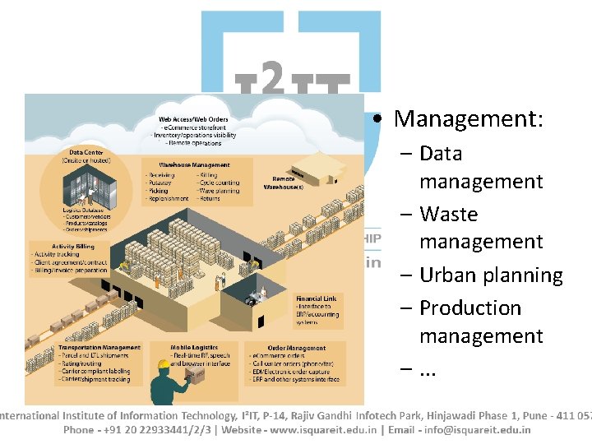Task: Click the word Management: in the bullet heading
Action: pyautogui.click(x=469, y=118)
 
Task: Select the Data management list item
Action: pyautogui.click(x=480, y=167)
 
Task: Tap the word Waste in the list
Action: pyautogui.click(x=448, y=214)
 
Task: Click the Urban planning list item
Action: pyautogui.click(x=491, y=275)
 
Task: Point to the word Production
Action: pyautogui.click(x=470, y=308)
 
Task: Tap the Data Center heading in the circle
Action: pyautogui.click(x=86, y=152)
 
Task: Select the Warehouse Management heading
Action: pyautogui.click(x=194, y=164)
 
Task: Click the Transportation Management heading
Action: pyautogui.click(x=99, y=348)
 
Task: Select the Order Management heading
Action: pyautogui.click(x=296, y=348)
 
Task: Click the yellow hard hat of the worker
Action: pyautogui.click(x=164, y=363)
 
